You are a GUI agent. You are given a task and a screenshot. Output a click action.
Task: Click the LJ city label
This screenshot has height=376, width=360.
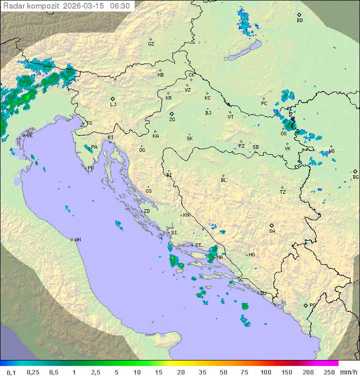click(x=113, y=104)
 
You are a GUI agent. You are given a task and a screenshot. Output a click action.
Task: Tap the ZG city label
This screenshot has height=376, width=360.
click(x=172, y=120)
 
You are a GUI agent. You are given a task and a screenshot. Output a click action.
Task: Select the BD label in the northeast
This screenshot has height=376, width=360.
click(x=299, y=21)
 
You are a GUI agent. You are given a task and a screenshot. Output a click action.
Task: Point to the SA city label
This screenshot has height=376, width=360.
click(x=272, y=231)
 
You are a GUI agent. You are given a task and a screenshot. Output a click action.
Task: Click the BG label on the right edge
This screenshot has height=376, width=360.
click(x=355, y=177)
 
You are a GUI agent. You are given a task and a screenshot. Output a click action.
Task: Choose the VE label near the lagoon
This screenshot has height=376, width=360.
click(x=29, y=136)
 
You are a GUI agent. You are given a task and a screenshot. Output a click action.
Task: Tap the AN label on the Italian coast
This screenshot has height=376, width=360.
click(x=77, y=240)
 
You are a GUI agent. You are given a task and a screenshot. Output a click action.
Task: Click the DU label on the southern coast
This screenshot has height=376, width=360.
click(x=262, y=293)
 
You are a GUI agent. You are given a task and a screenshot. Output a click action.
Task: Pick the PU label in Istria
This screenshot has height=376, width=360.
click(x=90, y=168)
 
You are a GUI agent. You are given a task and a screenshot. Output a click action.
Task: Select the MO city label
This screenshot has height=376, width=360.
click(x=251, y=255)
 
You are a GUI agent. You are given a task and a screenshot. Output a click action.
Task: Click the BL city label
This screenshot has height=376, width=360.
click(x=223, y=180)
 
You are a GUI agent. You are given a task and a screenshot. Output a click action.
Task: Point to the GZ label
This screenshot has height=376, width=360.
click(x=151, y=44)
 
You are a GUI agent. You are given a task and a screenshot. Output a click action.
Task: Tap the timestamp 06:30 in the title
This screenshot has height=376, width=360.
click(x=120, y=6)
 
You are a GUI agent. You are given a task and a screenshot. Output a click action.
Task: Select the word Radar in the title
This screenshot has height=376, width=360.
click(x=13, y=6)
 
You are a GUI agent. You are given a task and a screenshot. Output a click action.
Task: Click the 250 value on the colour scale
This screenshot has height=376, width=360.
click(x=329, y=372)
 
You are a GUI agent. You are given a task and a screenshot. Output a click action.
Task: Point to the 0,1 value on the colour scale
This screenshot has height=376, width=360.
click(x=11, y=372)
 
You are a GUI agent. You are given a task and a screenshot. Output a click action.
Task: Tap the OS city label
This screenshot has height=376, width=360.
click(x=283, y=134)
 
